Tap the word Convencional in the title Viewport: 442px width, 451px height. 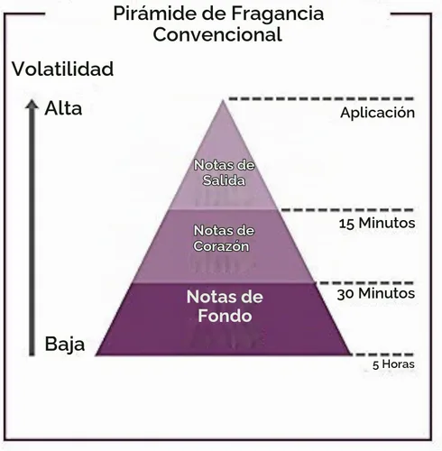coord(217,34)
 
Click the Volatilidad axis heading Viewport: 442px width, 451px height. coord(62,69)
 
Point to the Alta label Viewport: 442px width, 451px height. coord(63,108)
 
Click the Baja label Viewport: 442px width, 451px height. coord(65,345)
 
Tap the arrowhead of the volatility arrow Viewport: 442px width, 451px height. coord(32,104)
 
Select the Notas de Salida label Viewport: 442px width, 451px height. coord(224,172)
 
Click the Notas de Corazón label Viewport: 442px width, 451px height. coord(224,238)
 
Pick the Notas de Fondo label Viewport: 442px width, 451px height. coord(225,306)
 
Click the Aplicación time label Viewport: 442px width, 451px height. coord(377,113)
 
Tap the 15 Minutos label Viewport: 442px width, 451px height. coord(377,223)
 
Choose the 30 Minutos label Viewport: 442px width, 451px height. coord(376,293)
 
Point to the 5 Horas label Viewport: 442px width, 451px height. coord(393,364)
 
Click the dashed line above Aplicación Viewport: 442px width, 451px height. coord(321,98)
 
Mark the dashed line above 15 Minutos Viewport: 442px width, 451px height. coord(347,210)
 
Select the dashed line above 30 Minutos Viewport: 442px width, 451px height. coord(366,282)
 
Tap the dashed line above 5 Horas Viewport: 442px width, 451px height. coord(382,354)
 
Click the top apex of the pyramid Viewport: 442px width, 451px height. coord(223,100)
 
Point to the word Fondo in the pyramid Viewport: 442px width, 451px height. coord(225,316)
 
